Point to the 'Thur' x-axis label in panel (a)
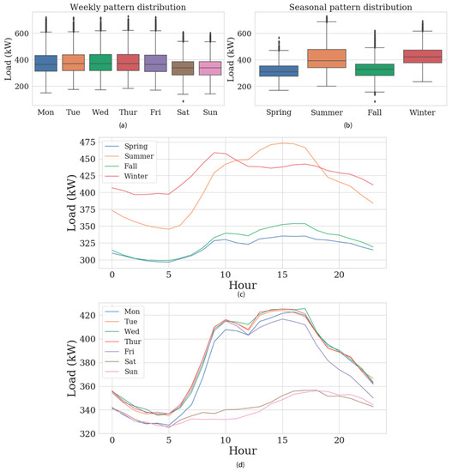pos(129,112)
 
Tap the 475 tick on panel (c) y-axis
pos(87,142)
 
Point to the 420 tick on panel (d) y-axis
pos(87,315)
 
